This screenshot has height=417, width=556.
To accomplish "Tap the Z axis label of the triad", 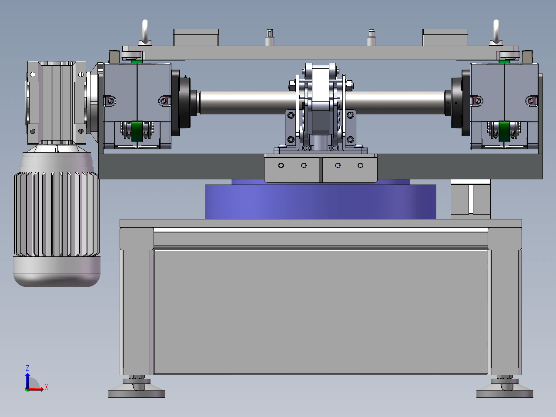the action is (x=27, y=368).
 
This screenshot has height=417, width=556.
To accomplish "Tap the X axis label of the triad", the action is (x=47, y=387).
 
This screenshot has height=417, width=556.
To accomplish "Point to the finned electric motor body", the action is (x=57, y=214).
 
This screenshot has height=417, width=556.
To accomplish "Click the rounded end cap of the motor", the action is (x=57, y=272).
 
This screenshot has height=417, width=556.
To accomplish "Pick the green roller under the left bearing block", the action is (x=137, y=131).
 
